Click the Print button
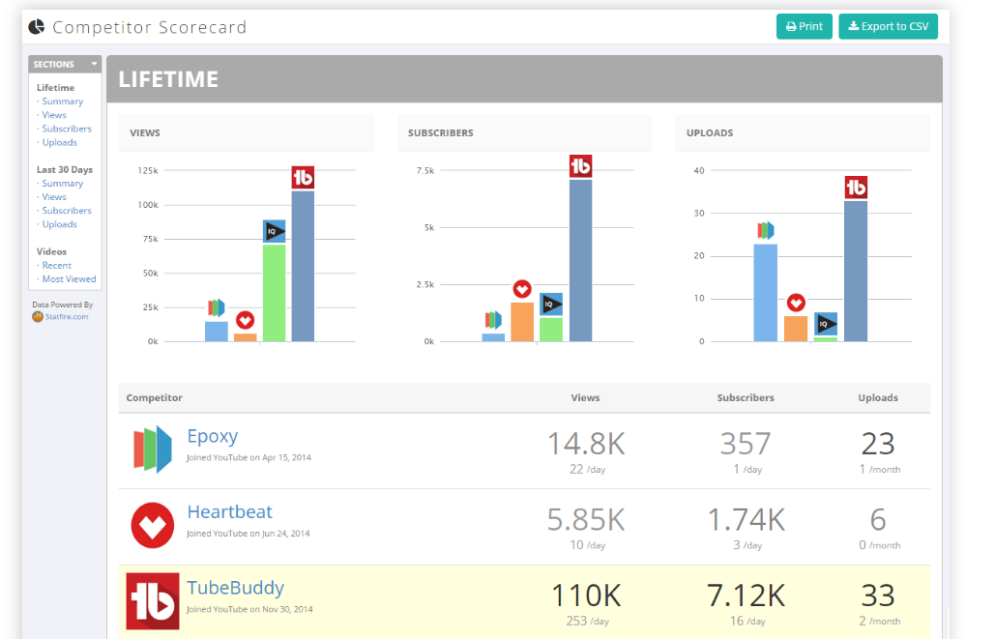click(x=804, y=26)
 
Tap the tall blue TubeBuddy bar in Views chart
click(x=303, y=266)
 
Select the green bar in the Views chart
click(x=275, y=292)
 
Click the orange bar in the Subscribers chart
click(x=522, y=322)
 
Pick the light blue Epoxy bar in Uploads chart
click(x=765, y=293)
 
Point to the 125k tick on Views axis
click(x=148, y=171)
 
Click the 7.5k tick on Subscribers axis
click(x=425, y=171)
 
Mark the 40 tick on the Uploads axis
click(x=699, y=171)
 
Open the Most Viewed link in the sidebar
click(x=69, y=279)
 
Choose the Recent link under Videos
click(x=56, y=266)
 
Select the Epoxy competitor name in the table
click(x=212, y=436)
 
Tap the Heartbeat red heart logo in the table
click(x=152, y=525)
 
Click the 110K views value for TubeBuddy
click(x=586, y=595)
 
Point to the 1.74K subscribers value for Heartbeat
click(x=746, y=519)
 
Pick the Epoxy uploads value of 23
click(x=878, y=444)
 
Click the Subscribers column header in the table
click(x=746, y=397)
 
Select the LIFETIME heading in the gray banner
click(x=168, y=79)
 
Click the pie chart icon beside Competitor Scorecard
click(x=36, y=26)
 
